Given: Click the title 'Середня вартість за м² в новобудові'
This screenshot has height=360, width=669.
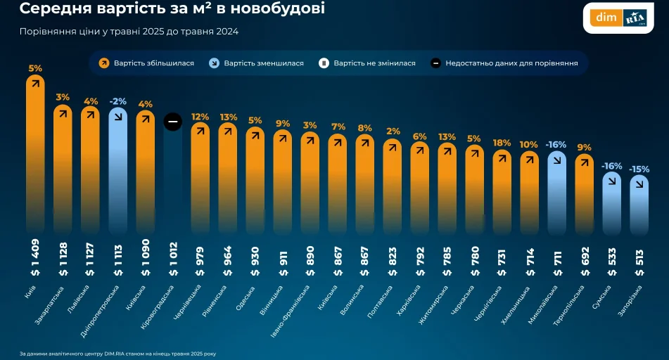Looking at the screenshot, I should click(172, 10).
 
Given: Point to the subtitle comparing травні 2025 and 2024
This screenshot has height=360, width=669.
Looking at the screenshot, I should click(129, 32).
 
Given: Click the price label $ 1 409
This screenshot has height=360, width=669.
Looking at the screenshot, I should click(35, 257).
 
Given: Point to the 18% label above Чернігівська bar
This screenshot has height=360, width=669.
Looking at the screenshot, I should click(502, 143).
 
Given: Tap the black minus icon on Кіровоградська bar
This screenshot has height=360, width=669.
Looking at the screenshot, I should click(173, 122).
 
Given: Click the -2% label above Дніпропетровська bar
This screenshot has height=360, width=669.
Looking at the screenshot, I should click(117, 101).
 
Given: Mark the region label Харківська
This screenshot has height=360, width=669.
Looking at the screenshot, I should click(411, 300).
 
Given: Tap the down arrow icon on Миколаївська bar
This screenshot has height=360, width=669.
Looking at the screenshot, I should click(556, 160).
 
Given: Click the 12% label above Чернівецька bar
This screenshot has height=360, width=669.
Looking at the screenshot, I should click(200, 117).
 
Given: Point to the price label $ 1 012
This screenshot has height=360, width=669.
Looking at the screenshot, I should click(173, 257).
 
